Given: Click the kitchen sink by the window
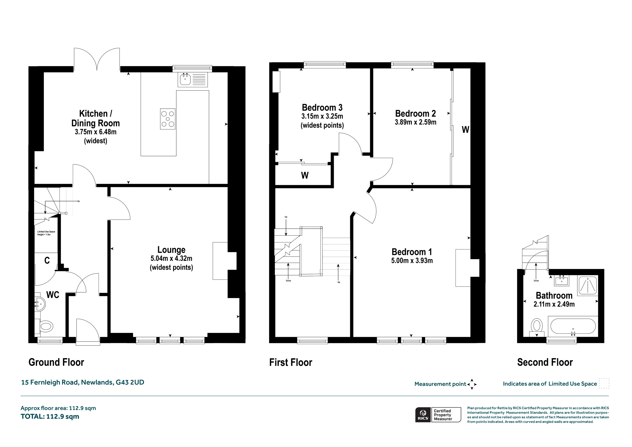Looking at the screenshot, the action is coord(192,80).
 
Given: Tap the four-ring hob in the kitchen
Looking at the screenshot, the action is coord(168,119).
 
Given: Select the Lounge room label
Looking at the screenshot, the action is coord(171,250).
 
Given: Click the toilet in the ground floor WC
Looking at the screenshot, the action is coord(46,327).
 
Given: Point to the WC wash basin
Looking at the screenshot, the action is coord(40,304).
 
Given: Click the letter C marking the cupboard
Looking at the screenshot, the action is coord(47,261).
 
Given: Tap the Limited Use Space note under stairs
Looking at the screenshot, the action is coord(46,233).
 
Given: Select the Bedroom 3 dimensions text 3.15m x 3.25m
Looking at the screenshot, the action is coord(322,116).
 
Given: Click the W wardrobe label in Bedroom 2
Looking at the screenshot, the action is coord(465,129).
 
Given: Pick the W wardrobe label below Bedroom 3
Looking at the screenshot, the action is coord(305,175).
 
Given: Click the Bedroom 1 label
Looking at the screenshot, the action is coord(412,252).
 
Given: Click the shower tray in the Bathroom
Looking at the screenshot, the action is coord(588,285).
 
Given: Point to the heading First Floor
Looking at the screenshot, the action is coord(291,363).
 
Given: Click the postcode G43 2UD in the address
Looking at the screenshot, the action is coord(130,382).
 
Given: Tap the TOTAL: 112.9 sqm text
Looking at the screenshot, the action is coord(50,416).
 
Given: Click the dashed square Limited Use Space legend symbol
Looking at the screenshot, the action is coord(604,383).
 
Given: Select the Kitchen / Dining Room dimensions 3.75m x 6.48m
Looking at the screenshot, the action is coord(96,132).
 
